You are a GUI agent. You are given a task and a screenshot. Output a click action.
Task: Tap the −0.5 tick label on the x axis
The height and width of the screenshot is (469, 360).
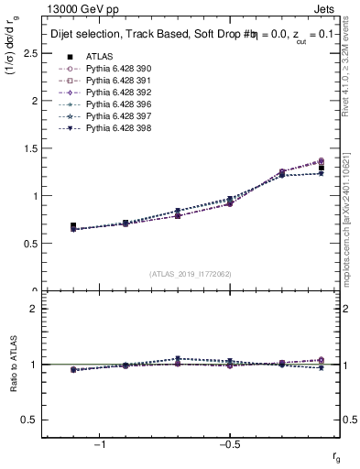(228, 444)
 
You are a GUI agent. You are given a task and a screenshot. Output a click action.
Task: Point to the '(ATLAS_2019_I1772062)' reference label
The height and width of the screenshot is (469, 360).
(191, 274)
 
